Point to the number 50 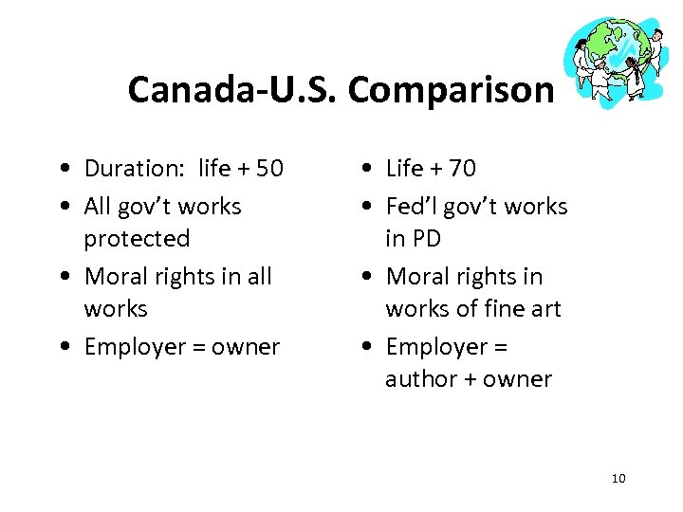click(x=269, y=169)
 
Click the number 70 click(x=463, y=169)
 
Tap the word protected click(x=137, y=239)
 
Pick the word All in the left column click(x=98, y=207)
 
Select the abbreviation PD click(x=428, y=239)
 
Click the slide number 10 click(x=618, y=478)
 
